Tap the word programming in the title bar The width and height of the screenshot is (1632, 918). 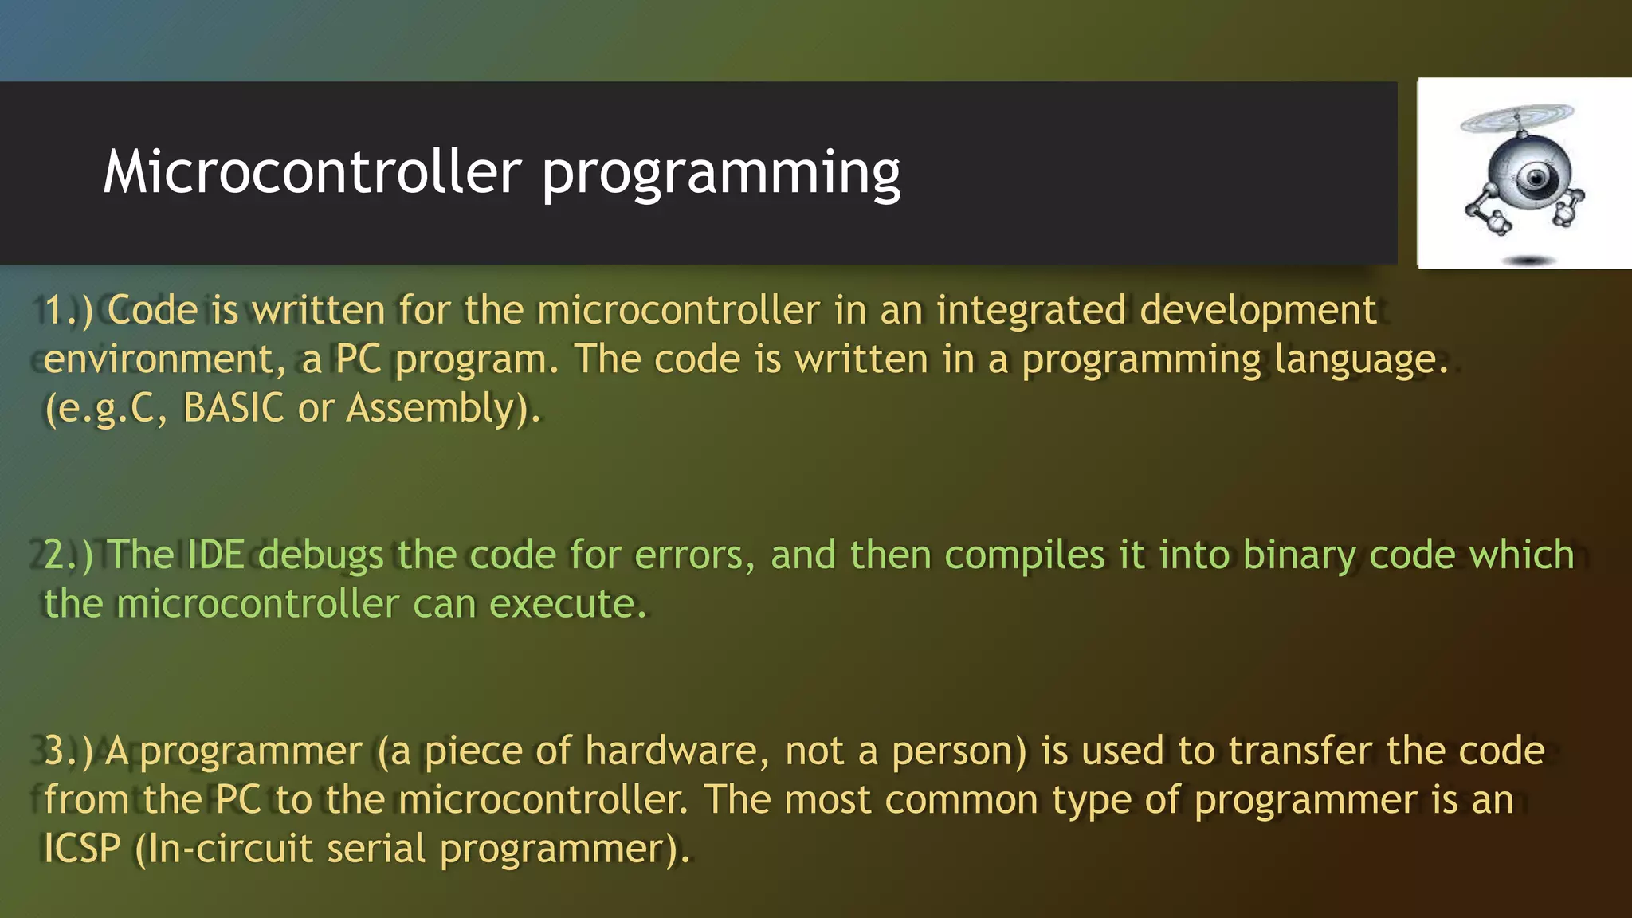click(720, 174)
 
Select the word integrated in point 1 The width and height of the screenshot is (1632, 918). click(1031, 310)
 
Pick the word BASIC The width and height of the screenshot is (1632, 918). click(233, 408)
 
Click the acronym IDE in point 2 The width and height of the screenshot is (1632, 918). click(216, 555)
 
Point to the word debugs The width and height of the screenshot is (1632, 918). click(321, 555)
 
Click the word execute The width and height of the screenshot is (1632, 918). click(567, 604)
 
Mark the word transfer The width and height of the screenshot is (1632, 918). click(1300, 751)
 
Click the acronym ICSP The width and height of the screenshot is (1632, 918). click(81, 849)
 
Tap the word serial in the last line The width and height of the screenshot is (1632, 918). click(376, 849)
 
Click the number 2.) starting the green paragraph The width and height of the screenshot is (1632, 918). click(68, 555)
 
